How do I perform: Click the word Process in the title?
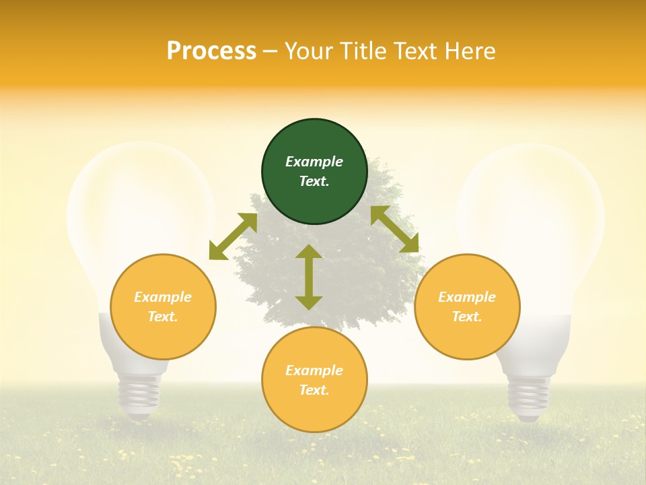tap(211, 51)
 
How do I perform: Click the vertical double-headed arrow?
tap(309, 277)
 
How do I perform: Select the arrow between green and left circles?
tap(233, 236)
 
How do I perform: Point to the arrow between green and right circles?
tap(395, 229)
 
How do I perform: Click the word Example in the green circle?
tap(314, 162)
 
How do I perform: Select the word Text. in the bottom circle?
tap(314, 390)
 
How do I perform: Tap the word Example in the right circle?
tap(467, 297)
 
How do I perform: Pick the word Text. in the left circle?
tap(163, 317)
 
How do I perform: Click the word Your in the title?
tap(307, 51)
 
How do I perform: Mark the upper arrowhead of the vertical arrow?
tap(309, 252)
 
